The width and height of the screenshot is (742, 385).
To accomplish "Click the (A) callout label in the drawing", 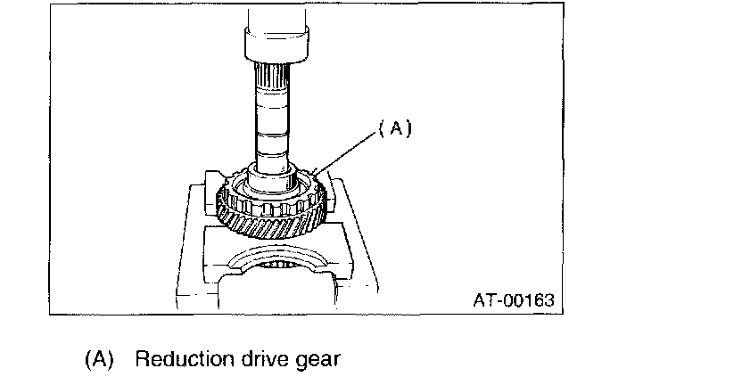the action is click(393, 127).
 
